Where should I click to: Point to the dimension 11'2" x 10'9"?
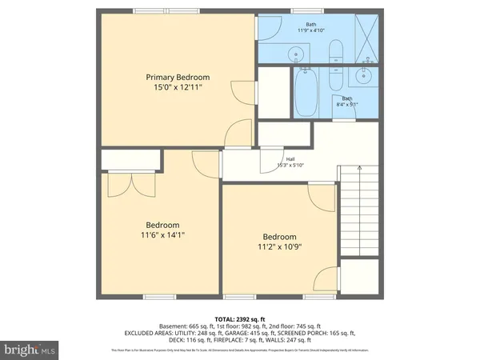[280, 247]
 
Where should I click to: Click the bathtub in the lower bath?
[306, 94]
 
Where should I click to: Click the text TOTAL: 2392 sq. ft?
[240, 318]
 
